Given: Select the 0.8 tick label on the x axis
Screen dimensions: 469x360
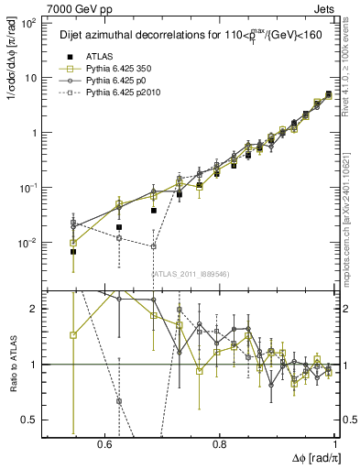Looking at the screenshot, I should click(220, 444).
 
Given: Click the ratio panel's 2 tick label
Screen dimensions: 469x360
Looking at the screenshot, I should click(35, 310).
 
